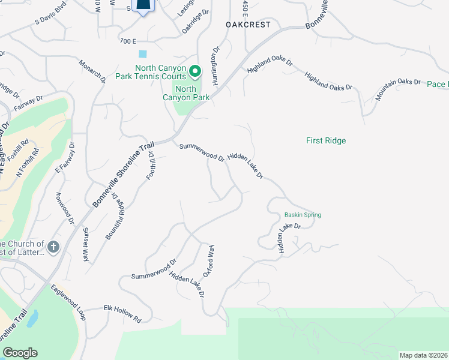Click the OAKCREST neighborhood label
(248, 25)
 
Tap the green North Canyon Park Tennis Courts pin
(195, 72)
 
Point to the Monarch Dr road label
(92, 70)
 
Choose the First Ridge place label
(326, 140)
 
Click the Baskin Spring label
(303, 215)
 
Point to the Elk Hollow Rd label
(122, 313)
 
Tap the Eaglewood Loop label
(68, 301)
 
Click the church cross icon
(53, 247)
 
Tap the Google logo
(19, 353)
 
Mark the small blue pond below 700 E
(142, 54)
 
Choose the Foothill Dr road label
(151, 165)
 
